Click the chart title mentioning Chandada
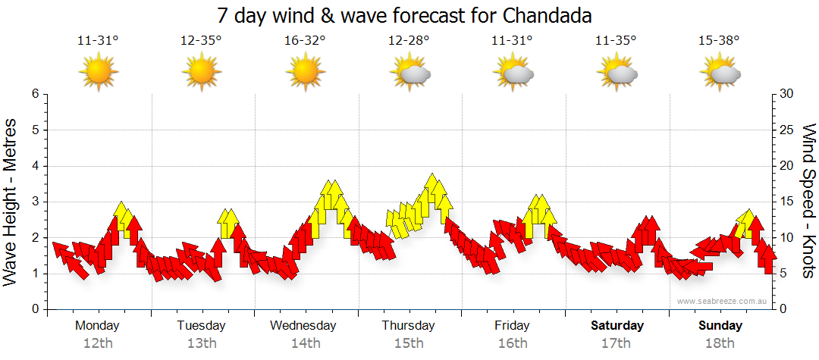pyautogui.click(x=404, y=15)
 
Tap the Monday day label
pyautogui.click(x=97, y=326)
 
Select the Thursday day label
pyautogui.click(x=408, y=326)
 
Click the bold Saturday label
pyautogui.click(x=617, y=326)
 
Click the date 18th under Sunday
pyautogui.click(x=720, y=343)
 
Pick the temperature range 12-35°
pyautogui.click(x=201, y=41)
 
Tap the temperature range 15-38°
pyautogui.click(x=720, y=41)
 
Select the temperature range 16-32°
pyautogui.click(x=305, y=41)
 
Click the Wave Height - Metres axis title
pyautogui.click(x=12, y=201)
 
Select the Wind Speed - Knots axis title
pyautogui.click(x=808, y=201)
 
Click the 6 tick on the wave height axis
pyautogui.click(x=34, y=94)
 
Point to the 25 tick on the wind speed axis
pyautogui.click(x=787, y=130)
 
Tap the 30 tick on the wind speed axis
pyautogui.click(x=787, y=94)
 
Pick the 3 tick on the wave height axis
pyautogui.click(x=34, y=202)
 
